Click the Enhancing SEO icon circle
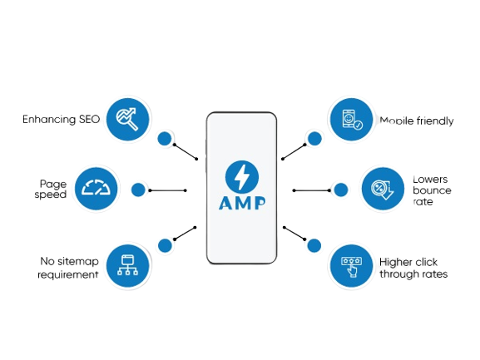click(127, 119)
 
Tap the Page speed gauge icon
click(96, 189)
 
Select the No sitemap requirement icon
click(127, 266)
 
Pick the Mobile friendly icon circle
click(351, 119)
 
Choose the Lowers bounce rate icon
click(383, 189)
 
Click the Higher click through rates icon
click(351, 266)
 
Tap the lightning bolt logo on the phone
click(242, 177)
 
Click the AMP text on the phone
click(242, 203)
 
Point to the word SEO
click(89, 119)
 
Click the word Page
click(53, 184)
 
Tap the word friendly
click(435, 121)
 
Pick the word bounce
click(432, 190)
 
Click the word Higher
click(395, 263)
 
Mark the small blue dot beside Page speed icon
click(138, 190)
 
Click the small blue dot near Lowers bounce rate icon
click(341, 190)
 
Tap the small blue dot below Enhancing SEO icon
click(165, 139)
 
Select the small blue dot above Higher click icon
click(314, 245)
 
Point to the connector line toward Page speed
click(167, 190)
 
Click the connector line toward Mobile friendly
click(294, 151)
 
